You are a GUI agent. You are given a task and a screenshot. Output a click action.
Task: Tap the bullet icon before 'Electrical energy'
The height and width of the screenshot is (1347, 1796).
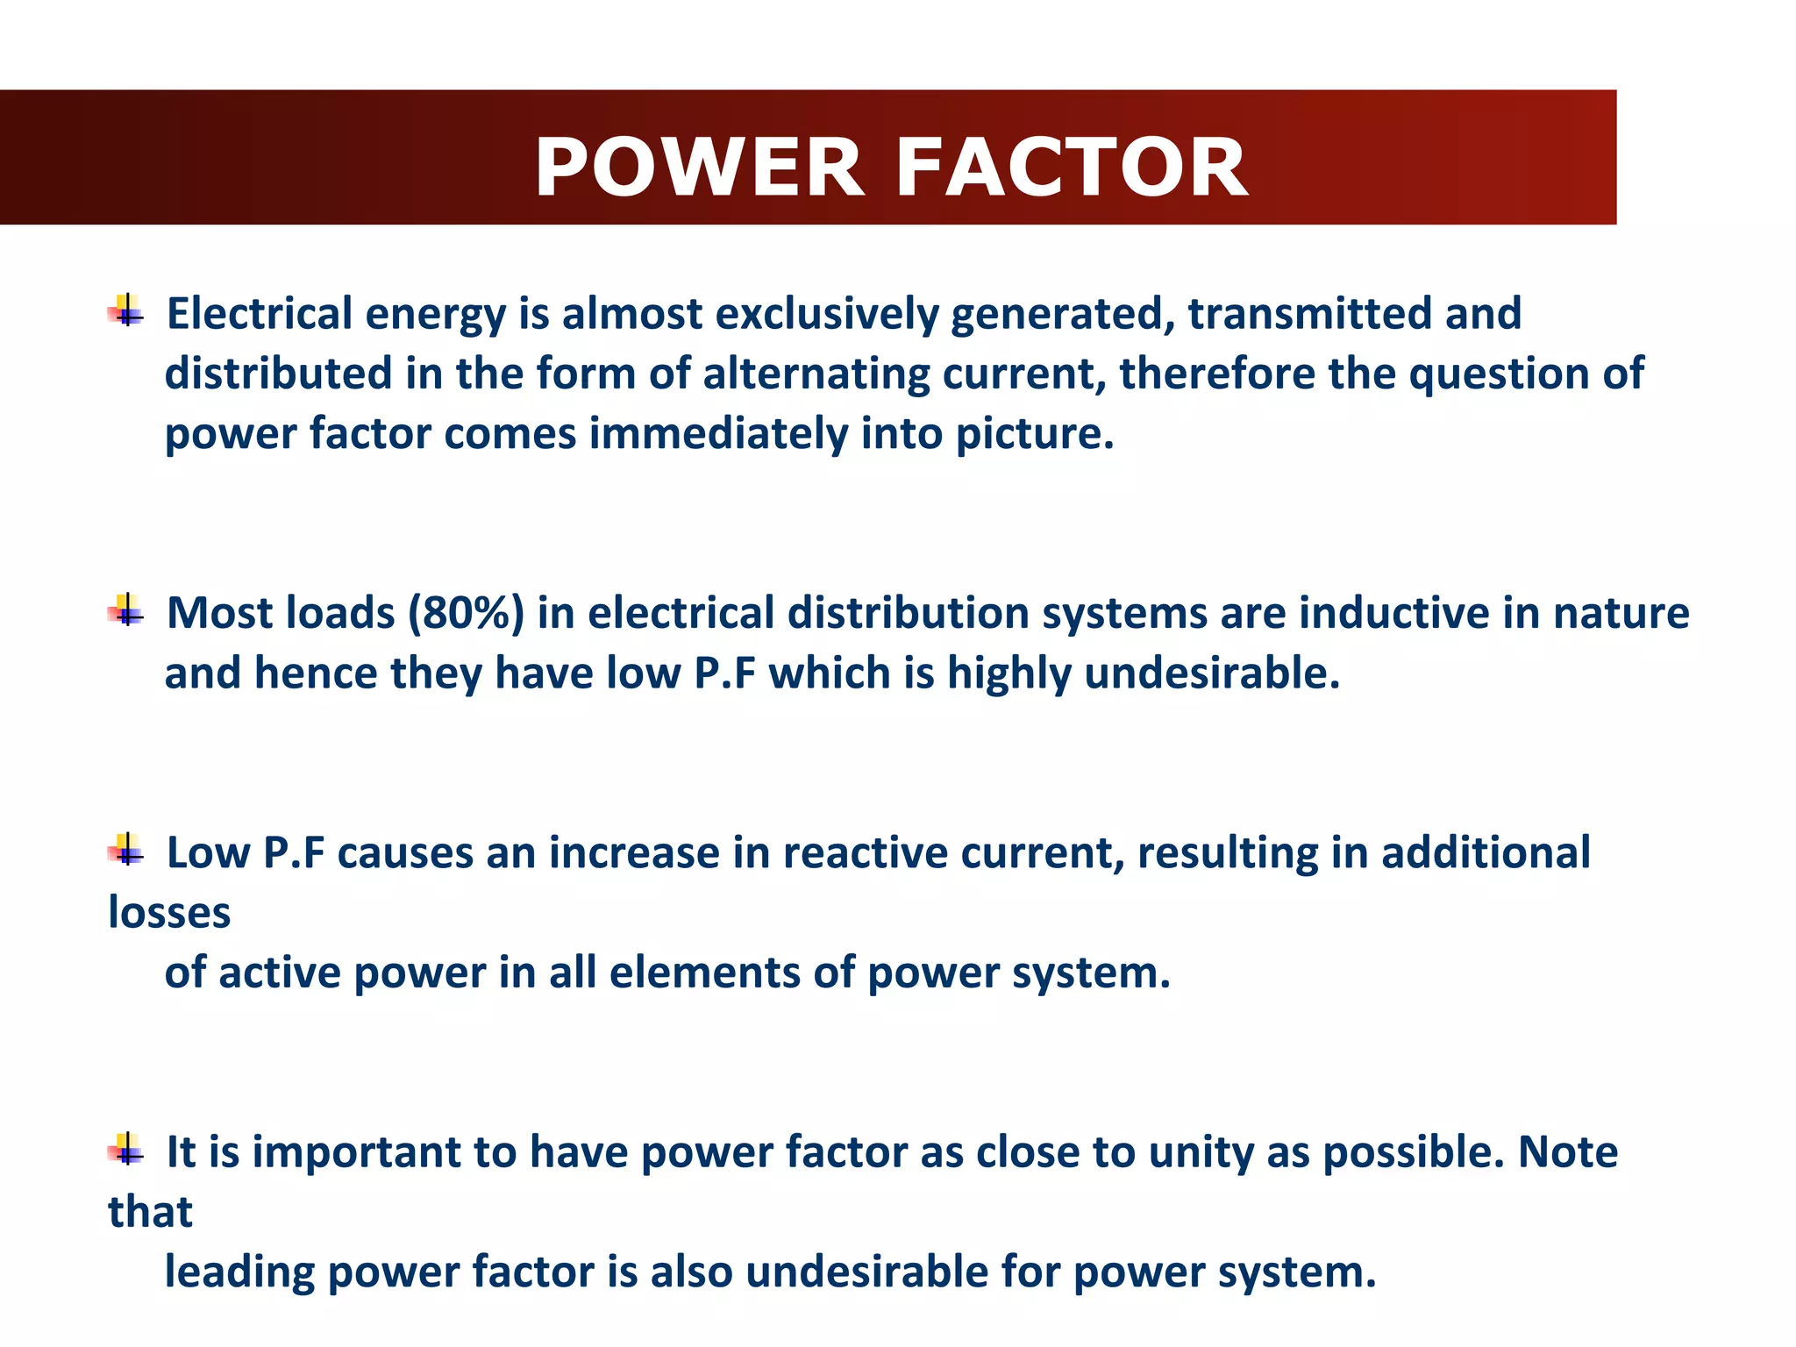(126, 310)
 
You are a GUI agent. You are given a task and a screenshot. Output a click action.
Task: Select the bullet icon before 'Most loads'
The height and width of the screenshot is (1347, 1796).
(126, 610)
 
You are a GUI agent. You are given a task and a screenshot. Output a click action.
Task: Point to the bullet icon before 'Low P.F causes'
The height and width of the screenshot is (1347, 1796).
(126, 850)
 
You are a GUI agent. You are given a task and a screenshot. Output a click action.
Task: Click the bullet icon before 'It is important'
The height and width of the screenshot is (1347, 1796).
(126, 1149)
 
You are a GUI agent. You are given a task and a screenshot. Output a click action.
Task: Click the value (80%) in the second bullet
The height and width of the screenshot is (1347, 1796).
(466, 613)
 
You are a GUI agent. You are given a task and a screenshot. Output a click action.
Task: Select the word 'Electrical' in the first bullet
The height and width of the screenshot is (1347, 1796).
(260, 314)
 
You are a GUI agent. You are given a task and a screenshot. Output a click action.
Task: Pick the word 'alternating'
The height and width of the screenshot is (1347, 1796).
(816, 374)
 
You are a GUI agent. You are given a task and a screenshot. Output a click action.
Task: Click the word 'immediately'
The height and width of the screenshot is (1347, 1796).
(717, 433)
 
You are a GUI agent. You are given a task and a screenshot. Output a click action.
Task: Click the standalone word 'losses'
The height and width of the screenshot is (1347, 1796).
(169, 913)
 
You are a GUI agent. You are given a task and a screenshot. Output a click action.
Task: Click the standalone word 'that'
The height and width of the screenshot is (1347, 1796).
(150, 1212)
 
